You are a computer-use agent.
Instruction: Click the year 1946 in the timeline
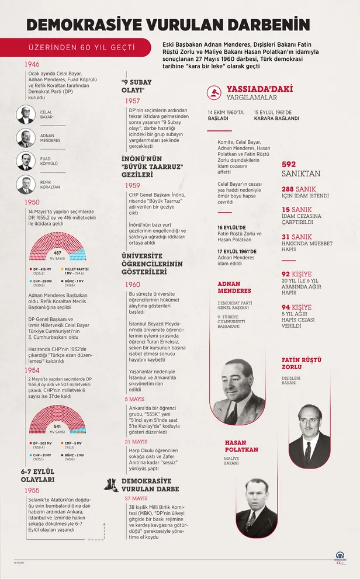coord(32,64)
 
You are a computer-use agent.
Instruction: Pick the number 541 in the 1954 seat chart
coord(57,427)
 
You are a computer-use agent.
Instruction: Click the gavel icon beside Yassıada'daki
coord(215,92)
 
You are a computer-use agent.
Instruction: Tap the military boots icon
coord(112,484)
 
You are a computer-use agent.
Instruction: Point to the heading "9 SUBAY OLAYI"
coord(137,86)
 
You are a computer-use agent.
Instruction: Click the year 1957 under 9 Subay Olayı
coord(132,101)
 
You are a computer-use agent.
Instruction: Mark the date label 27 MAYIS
coord(136,498)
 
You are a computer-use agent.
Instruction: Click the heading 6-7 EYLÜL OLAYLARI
coord(38,475)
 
